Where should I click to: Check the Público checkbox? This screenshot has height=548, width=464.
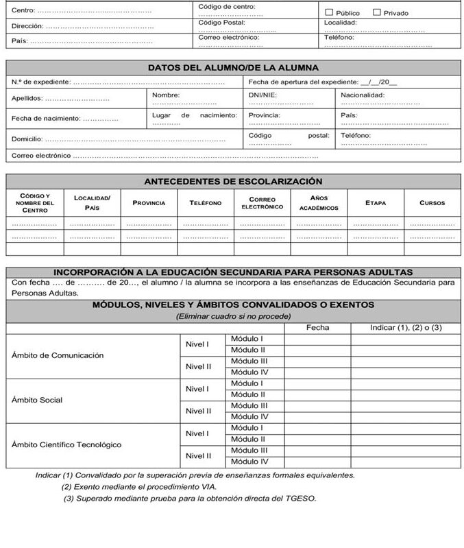(329, 12)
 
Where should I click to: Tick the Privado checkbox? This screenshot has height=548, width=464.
(377, 12)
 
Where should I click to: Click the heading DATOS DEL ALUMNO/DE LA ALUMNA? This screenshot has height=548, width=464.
(233, 67)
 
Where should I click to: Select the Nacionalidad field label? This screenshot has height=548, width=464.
(363, 95)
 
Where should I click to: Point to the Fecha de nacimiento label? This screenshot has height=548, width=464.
(46, 119)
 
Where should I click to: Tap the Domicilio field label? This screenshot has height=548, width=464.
(27, 139)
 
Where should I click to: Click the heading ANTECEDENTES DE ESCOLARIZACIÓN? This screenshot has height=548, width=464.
(233, 182)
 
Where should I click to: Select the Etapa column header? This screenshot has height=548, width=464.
(376, 203)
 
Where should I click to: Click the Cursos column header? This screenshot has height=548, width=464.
(432, 203)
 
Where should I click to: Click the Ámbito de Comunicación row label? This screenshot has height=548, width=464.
(58, 355)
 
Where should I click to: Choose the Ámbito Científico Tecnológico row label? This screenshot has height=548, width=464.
(66, 444)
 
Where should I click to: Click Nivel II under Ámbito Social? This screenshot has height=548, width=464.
(199, 411)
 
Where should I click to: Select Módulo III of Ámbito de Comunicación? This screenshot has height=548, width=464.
(249, 361)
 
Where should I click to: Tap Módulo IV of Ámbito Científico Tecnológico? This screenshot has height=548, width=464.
(249, 462)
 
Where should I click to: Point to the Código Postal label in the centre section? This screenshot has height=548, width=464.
(221, 22)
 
